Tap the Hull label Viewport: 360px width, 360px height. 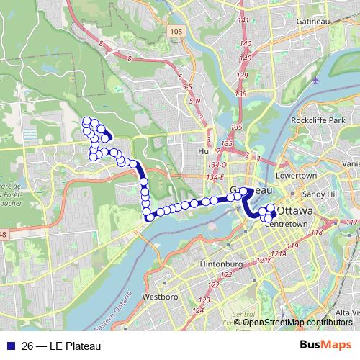pos(204,151)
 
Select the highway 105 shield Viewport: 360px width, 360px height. pos(175,31)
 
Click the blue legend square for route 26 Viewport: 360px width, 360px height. pos(9,346)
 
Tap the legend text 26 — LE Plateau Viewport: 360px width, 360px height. pos(61,346)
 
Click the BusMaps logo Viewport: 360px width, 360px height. pos(320,346)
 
